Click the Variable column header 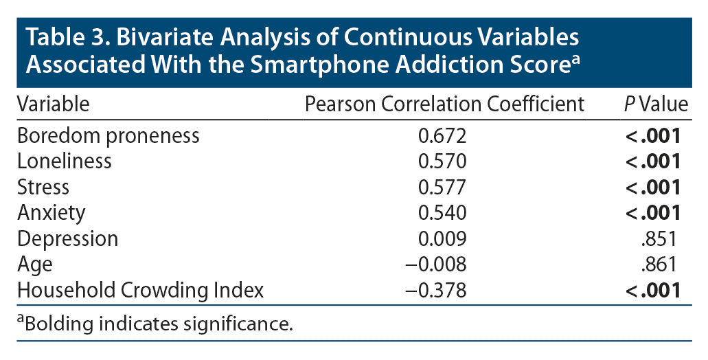pyautogui.click(x=53, y=104)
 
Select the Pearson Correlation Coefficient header pyautogui.click(x=444, y=104)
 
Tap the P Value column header pyautogui.click(x=654, y=104)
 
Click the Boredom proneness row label pyautogui.click(x=108, y=135)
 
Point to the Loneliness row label pyautogui.click(x=65, y=161)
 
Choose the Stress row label pyautogui.click(x=43, y=187)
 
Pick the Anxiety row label pyautogui.click(x=52, y=213)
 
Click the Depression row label pyautogui.click(x=67, y=238)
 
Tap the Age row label pyautogui.click(x=34, y=265)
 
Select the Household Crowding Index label pyautogui.click(x=140, y=290)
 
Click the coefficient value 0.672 pyautogui.click(x=442, y=135)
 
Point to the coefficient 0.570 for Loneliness pyautogui.click(x=442, y=161)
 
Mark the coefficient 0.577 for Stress pyautogui.click(x=442, y=187)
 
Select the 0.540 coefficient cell pyautogui.click(x=442, y=213)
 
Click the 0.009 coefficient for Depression pyautogui.click(x=442, y=238)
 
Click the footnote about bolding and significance pyautogui.click(x=155, y=322)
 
